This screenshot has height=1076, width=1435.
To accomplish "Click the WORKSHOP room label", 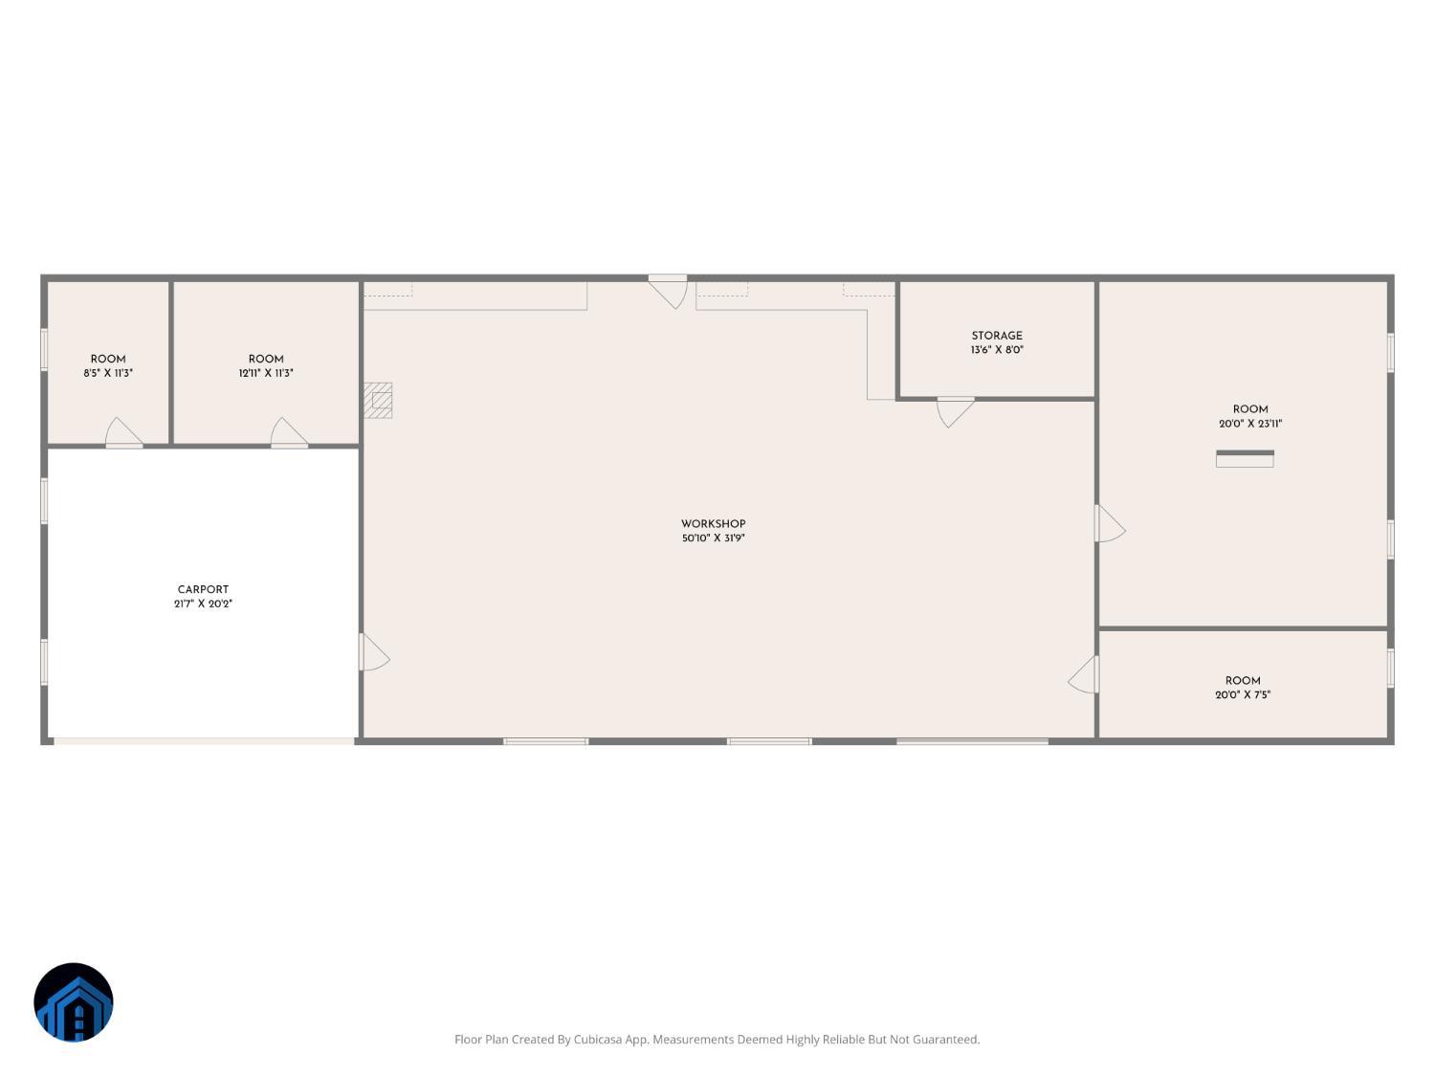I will [713, 524].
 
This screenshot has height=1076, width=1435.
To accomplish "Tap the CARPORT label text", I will [203, 590].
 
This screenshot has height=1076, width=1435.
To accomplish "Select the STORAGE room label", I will [997, 336].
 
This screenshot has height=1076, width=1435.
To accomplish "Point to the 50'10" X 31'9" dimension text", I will [713, 538].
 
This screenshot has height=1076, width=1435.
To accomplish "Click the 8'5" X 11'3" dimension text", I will [108, 373].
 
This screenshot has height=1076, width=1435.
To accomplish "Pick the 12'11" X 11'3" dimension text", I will [266, 373].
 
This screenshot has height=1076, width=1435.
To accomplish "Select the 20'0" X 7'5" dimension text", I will [1243, 695].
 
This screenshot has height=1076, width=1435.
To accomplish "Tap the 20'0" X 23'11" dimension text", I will [1249, 424].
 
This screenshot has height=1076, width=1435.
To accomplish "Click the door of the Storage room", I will [955, 410].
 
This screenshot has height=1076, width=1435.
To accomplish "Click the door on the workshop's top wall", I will [669, 290].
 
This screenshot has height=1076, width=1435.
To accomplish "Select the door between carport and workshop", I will [372, 652].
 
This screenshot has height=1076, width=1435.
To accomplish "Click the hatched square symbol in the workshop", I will [378, 400].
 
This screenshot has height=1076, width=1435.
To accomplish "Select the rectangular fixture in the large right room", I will [1245, 459].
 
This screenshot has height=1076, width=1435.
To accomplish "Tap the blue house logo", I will [74, 1002].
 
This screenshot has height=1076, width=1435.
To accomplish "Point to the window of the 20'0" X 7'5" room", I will [1390, 668].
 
